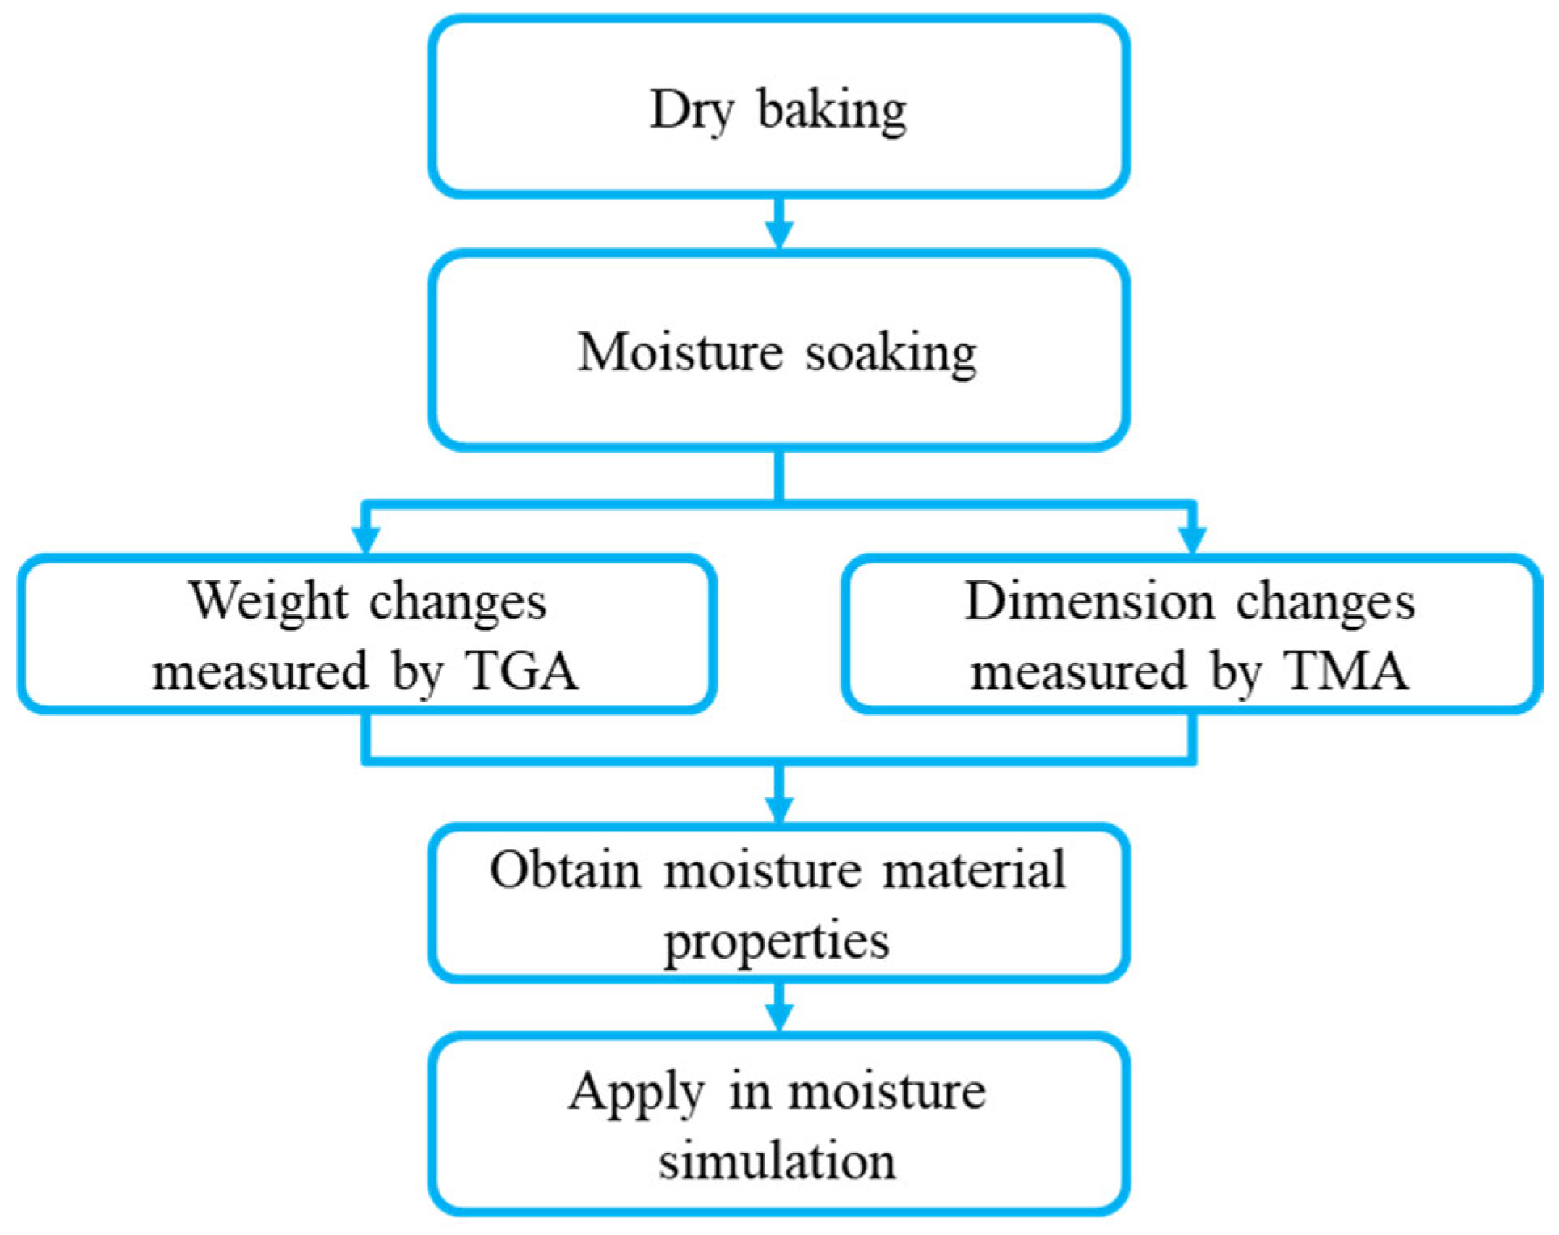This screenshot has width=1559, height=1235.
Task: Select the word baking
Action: point(832,110)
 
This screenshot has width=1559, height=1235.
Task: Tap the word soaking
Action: point(891,353)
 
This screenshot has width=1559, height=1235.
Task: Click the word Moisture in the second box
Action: point(680,352)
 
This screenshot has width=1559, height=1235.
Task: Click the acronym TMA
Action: point(1347,670)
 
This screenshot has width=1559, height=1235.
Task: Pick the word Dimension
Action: point(1089,602)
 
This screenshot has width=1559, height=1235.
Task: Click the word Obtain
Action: point(565,870)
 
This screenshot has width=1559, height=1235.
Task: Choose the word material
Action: point(974,870)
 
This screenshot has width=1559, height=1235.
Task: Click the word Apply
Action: point(635,1093)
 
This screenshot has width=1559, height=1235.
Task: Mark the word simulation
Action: point(777,1161)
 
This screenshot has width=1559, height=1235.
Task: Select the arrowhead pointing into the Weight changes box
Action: point(366,539)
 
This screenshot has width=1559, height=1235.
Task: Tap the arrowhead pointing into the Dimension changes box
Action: point(1193,539)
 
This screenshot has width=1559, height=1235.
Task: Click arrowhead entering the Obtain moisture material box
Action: point(779,809)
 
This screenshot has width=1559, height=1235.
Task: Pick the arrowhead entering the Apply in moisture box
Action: point(779,1018)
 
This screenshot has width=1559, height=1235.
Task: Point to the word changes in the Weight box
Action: point(457,602)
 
